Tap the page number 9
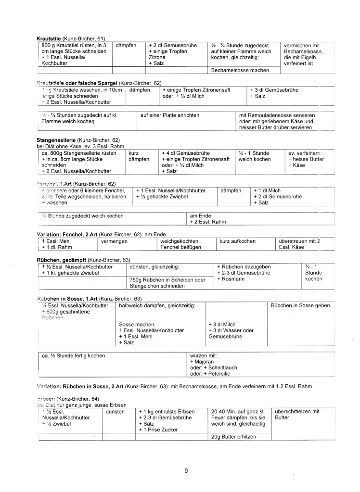point(186,470)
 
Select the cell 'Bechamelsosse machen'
point(240,70)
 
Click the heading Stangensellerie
point(56,140)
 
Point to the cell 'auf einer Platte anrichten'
point(170,115)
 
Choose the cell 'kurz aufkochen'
point(238,241)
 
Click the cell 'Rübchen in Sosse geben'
point(300,305)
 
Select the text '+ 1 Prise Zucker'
point(157,430)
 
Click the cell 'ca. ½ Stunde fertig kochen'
point(74,356)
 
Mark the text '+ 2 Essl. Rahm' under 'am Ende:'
point(208,222)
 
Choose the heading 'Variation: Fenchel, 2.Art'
point(67,234)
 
